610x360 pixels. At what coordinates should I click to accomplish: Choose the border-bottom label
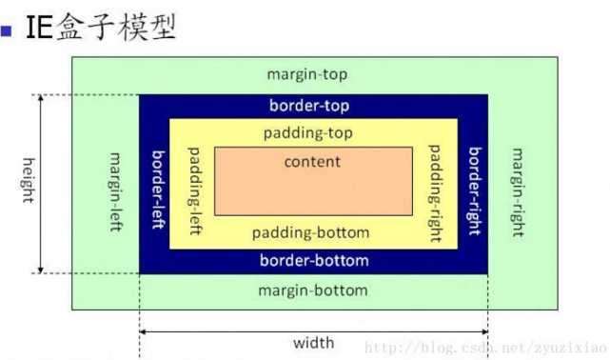point(313,260)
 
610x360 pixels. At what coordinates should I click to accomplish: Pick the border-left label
point(157,184)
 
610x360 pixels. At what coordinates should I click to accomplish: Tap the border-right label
point(473,184)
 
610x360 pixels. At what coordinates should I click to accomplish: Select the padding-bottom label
point(313,232)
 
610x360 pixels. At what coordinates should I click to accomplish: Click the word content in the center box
point(312,161)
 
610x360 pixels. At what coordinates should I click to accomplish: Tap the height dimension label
point(29,184)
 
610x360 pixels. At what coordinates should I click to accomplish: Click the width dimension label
point(313,341)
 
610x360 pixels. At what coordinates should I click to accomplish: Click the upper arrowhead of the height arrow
point(41,99)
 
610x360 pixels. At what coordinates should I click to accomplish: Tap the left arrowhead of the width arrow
point(145,331)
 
